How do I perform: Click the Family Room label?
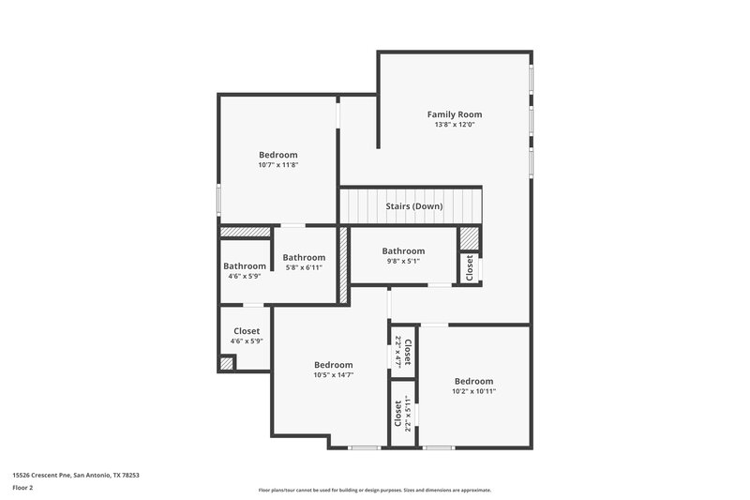pos(455,114)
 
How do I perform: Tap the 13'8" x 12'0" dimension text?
pos(455,125)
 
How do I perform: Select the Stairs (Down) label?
pos(413,206)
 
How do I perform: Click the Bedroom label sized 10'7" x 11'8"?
pos(278,155)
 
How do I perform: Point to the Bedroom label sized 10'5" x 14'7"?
pos(333,365)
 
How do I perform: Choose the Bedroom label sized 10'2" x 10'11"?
pos(473,381)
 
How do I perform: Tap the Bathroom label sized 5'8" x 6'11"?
pos(304,258)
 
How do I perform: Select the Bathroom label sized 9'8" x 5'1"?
pos(403,250)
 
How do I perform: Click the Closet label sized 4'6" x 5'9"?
pos(247,331)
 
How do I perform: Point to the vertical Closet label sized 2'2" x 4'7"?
pos(407,349)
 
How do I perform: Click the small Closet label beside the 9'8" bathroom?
pos(470,268)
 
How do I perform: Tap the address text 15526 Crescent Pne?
pos(76,475)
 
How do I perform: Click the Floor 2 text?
pos(23,488)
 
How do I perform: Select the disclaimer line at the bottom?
pos(375,490)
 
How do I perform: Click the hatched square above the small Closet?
pos(469,239)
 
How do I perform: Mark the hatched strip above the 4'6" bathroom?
pos(245,231)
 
